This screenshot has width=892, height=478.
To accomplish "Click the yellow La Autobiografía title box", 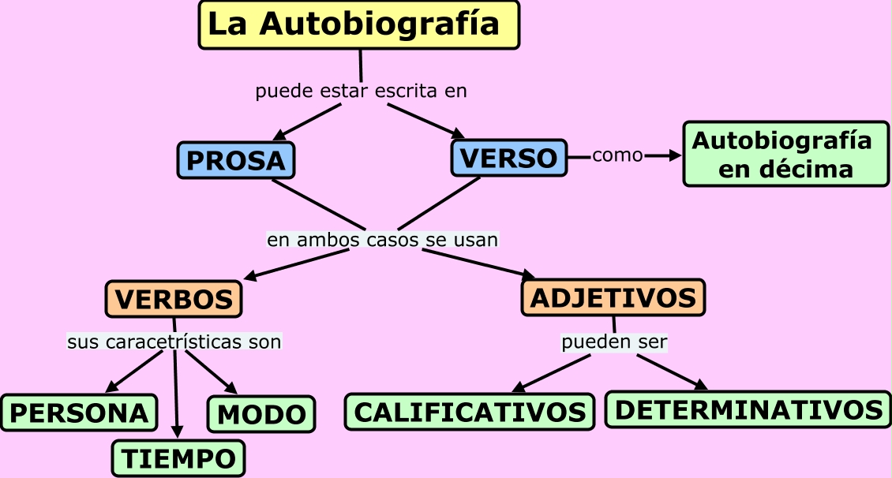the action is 359,25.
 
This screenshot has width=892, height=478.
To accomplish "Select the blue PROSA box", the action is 236,160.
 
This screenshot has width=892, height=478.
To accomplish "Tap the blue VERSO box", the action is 509,158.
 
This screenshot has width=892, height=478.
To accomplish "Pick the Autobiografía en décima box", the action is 785,154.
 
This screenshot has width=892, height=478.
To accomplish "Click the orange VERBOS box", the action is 174,299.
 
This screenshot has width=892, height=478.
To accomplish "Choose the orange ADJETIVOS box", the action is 613,297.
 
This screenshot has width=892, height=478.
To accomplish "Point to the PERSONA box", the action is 79,413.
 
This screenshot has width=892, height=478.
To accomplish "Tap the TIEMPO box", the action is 178,458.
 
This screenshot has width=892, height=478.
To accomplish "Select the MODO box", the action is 262,414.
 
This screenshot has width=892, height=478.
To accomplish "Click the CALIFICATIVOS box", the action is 470,412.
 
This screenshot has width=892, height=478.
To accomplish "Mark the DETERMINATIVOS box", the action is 748,409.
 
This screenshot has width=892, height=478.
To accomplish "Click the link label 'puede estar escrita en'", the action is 361,91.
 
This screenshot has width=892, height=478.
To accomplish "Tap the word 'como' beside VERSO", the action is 617,155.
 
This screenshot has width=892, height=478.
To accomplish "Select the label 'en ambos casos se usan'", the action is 382,240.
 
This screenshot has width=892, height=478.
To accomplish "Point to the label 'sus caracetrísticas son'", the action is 174,342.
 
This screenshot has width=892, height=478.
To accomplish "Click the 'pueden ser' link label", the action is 614,342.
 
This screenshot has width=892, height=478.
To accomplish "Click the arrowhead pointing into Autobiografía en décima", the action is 675,155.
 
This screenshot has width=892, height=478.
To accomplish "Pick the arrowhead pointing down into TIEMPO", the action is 178,432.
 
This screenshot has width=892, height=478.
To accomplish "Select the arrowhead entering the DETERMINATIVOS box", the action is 700,385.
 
